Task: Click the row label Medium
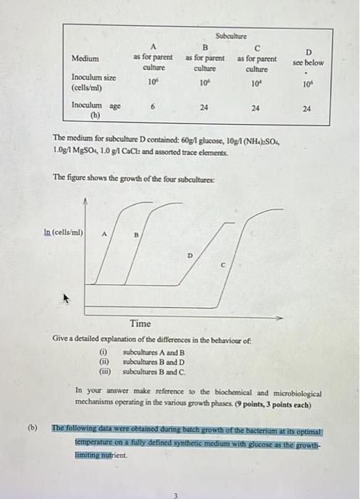pos(86,58)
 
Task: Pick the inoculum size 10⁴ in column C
pos(257,84)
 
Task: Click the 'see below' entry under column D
pos(308,62)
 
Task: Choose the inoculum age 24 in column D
pos(307,109)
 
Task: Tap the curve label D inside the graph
pos(190,255)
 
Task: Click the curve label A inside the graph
pos(105,233)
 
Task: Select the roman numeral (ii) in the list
pos(103,361)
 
